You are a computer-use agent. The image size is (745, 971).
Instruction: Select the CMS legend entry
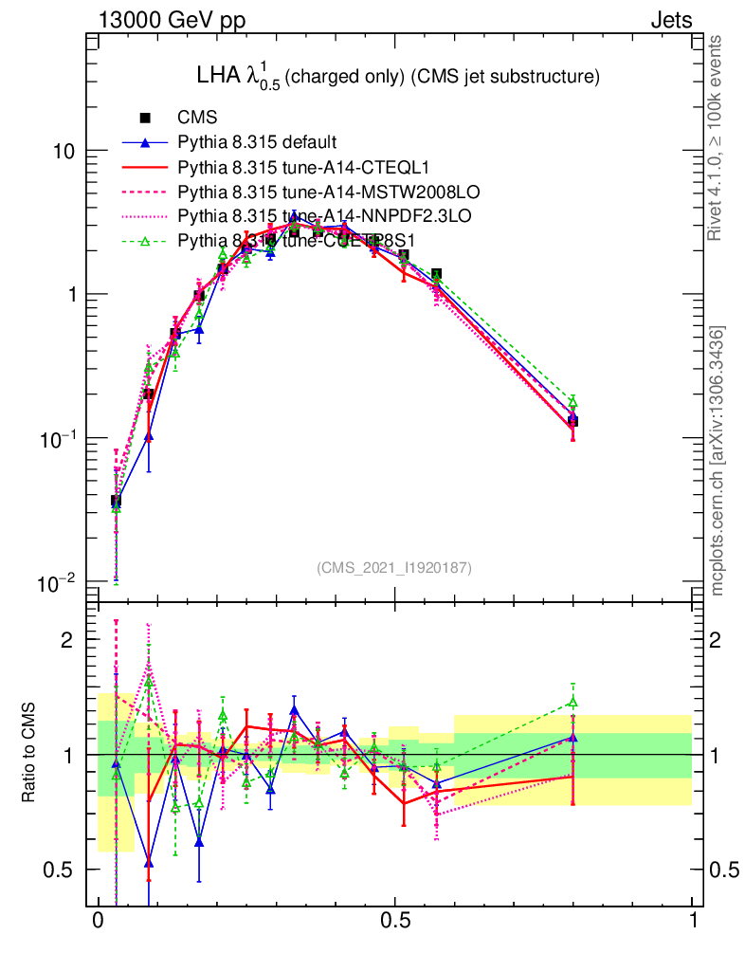pyautogui.click(x=198, y=119)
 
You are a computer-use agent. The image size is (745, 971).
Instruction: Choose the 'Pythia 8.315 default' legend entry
pyautogui.click(x=256, y=143)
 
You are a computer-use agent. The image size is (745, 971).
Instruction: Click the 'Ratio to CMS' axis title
pyautogui.click(x=29, y=754)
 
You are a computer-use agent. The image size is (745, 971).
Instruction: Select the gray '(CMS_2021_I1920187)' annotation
pyautogui.click(x=393, y=567)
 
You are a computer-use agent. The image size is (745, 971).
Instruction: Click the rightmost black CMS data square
pyautogui.click(x=572, y=421)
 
